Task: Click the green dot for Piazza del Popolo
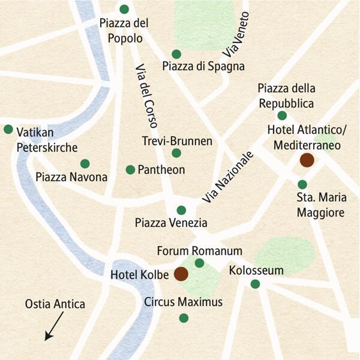coord(124,9)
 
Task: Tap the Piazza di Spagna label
coord(203,67)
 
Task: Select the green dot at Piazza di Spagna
coord(176,54)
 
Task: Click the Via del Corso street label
coord(146,96)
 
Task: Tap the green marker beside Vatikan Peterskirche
coord(8,129)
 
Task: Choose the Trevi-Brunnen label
coord(177,141)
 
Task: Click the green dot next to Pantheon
coord(130,170)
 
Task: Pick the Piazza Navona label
coord(71,177)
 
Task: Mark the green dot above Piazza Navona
coord(85,163)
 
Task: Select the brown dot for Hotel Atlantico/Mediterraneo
coord(307,160)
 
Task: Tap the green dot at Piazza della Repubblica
coord(282,116)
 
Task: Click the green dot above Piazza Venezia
coord(181,210)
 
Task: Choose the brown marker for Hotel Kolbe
coord(181,274)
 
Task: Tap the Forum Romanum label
coord(199,250)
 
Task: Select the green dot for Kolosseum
coord(255,284)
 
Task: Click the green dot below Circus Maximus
coord(184,318)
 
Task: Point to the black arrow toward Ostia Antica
coord(53,329)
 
